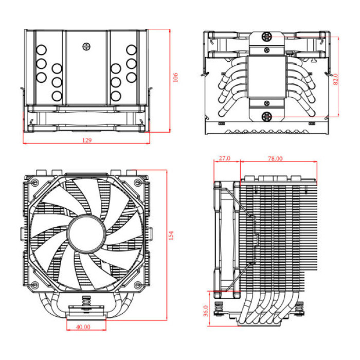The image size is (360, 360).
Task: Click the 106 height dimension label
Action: [x=175, y=78]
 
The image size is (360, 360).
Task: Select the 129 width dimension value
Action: [x=86, y=140]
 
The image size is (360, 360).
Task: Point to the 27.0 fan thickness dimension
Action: [x=224, y=159]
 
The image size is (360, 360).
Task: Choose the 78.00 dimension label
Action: [x=275, y=159]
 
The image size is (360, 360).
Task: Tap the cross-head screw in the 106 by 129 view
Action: [x=86, y=46]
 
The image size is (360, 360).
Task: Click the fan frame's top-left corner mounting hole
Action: [x=34, y=183]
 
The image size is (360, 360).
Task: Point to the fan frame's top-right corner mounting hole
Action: [x=137, y=183]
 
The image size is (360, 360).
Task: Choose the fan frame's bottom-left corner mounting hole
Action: [x=34, y=285]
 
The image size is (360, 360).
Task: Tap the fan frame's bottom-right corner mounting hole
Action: [x=137, y=285]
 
